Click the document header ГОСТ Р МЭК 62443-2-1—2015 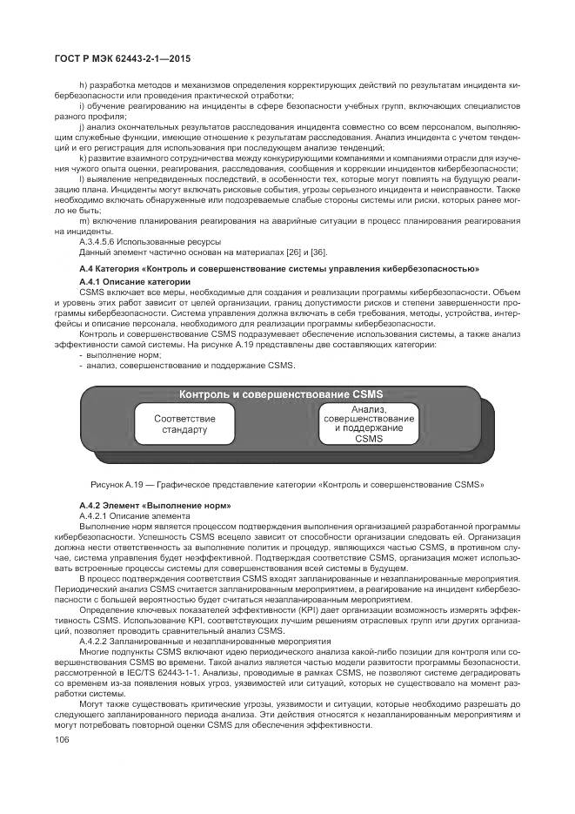[122, 59]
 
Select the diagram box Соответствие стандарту [185, 424]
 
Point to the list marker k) [84, 158]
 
